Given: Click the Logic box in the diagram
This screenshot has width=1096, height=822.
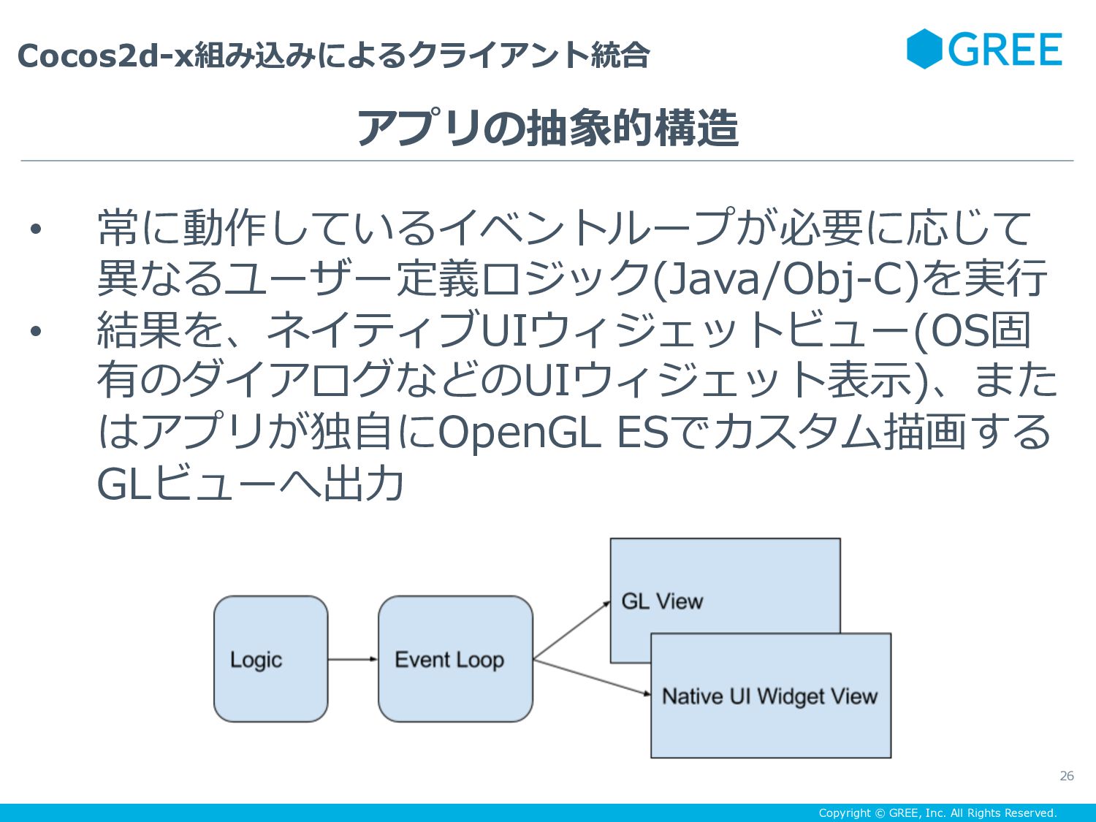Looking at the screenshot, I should [x=270, y=659].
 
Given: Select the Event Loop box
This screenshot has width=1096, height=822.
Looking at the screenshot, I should [x=455, y=659].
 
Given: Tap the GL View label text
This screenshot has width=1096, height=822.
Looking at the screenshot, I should [x=662, y=601].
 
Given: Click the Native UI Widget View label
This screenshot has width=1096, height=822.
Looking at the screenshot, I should [x=769, y=696].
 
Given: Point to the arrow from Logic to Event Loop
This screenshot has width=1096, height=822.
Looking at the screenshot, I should [x=352, y=659].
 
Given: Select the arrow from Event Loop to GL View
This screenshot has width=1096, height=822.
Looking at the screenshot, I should [x=571, y=631].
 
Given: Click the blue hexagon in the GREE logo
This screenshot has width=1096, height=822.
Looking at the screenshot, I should [x=924, y=49].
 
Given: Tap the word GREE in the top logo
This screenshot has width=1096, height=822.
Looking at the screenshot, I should [x=1005, y=50].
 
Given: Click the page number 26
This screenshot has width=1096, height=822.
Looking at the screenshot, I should [x=1067, y=776].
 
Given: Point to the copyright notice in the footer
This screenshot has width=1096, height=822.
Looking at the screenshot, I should [x=937, y=813].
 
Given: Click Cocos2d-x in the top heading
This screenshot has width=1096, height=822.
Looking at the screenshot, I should [x=104, y=56].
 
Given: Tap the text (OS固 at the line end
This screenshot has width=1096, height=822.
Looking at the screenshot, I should [x=972, y=330].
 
